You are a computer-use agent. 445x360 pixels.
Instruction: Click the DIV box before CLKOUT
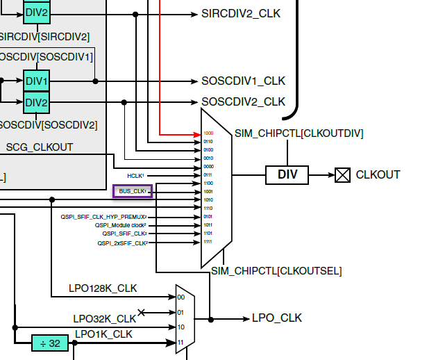[x=287, y=175]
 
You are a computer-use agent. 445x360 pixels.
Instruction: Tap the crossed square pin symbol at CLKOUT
[x=343, y=175]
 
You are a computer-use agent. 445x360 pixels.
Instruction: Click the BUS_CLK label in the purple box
[x=133, y=190]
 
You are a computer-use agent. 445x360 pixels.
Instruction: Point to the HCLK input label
[x=139, y=175]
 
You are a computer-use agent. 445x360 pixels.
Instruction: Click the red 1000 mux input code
[x=208, y=133]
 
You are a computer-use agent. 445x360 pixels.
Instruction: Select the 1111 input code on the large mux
[x=208, y=242]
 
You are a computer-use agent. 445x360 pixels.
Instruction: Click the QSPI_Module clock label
[x=121, y=225]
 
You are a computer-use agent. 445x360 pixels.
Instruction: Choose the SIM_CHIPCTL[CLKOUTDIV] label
[x=299, y=133]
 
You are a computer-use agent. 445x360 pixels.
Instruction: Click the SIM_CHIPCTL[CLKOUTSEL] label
[x=276, y=270]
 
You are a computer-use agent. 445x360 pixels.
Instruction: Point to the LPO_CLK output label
[x=277, y=318]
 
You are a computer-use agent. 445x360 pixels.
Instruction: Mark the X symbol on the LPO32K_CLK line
[x=142, y=313]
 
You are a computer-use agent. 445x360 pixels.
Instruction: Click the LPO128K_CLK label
[x=103, y=288]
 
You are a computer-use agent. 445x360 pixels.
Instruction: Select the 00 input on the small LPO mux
[x=181, y=297]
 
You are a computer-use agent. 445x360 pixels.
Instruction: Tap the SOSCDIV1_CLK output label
[x=243, y=81]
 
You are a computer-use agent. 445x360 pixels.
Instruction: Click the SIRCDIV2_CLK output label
[x=241, y=13]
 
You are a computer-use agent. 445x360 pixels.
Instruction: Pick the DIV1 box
[x=37, y=81]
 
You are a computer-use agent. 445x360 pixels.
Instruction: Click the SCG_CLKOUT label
[x=39, y=147]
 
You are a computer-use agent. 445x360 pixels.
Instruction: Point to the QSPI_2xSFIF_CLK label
[x=123, y=243]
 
